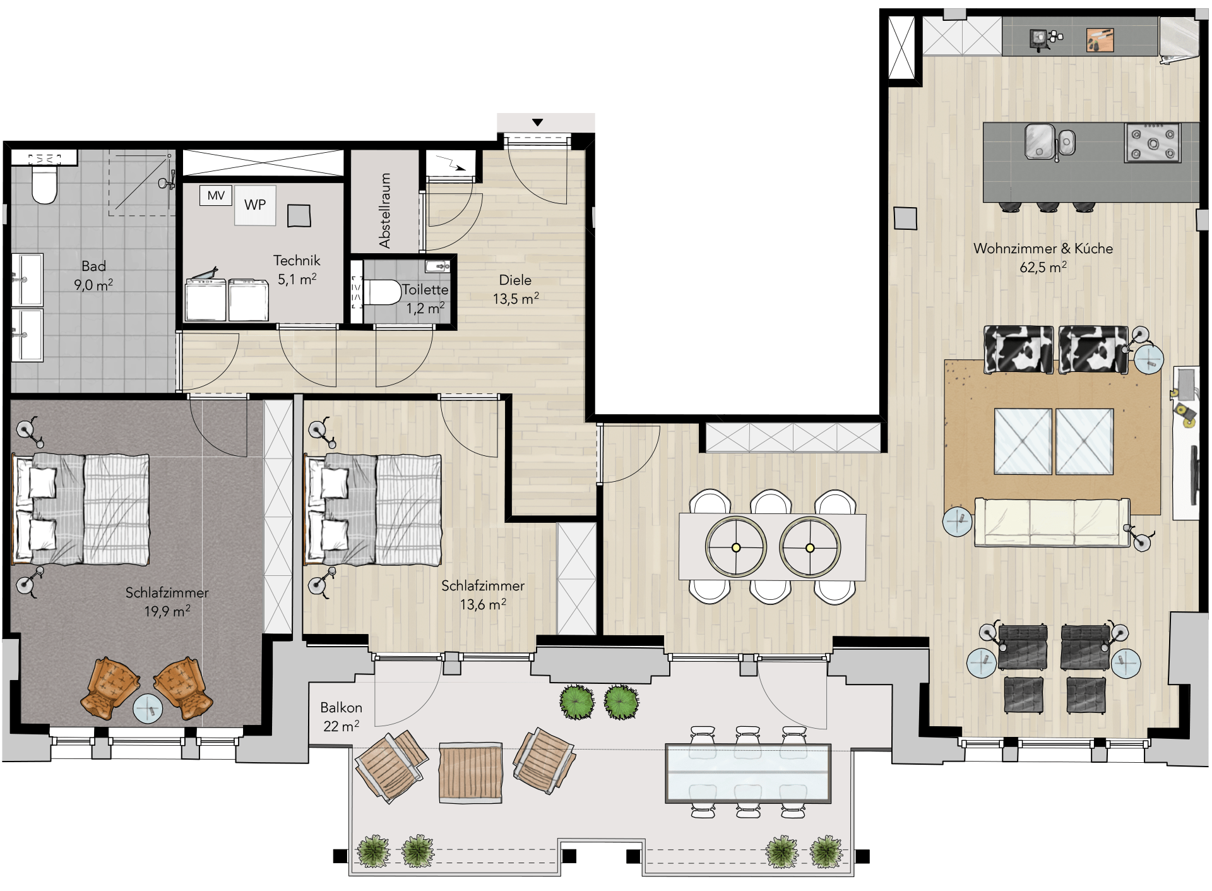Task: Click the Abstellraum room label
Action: pos(384,211)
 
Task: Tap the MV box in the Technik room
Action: pos(216,195)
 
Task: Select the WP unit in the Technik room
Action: pos(255,205)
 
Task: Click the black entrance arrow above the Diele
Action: pos(537,123)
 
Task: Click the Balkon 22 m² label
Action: pos(341,717)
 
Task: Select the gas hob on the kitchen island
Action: pos(1152,143)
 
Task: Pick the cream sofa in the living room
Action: pos(1052,522)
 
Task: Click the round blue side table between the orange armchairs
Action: pos(148,709)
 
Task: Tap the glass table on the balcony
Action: pos(748,774)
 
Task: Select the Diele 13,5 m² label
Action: pos(516,289)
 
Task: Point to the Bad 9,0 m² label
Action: pos(93,275)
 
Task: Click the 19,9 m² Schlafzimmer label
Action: pos(167,602)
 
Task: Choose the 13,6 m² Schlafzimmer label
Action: pos(483,595)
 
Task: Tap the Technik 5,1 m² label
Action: pos(297,270)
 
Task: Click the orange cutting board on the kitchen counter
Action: pos(1100,39)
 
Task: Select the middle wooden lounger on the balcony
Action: pos(471,773)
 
